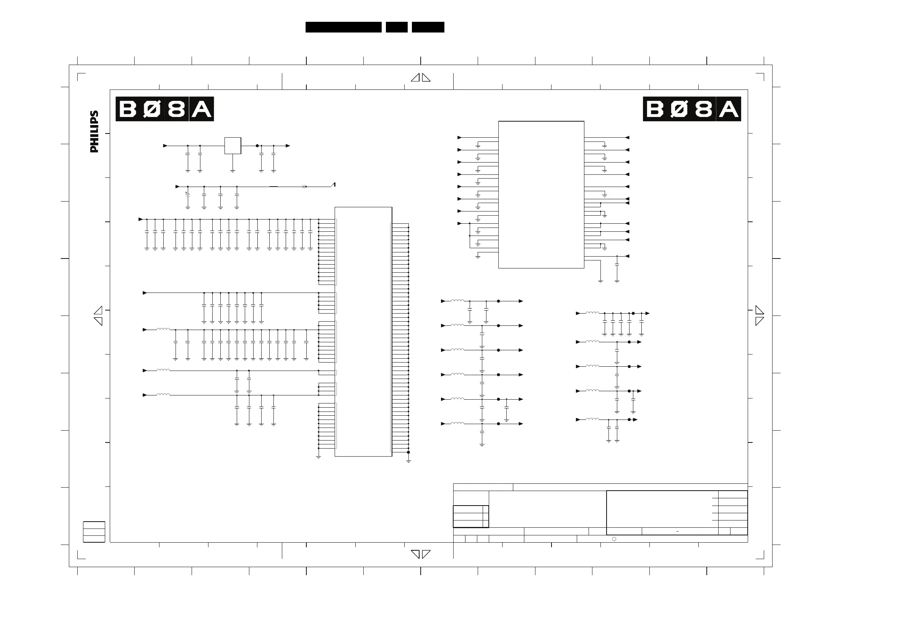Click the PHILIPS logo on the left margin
coord(94,131)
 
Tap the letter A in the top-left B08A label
coord(202,109)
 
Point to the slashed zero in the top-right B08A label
coord(679,109)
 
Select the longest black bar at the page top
coord(343,27)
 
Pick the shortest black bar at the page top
coord(396,27)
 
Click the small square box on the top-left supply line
coord(233,146)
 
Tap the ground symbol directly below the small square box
coord(233,171)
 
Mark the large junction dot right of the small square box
coord(257,146)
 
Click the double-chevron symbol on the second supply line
coord(304,187)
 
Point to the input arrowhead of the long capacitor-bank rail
coord(140,219)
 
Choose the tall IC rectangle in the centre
coord(363,331)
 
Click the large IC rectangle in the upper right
coord(541,194)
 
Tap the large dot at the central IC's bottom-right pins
coord(408,452)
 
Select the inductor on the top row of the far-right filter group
coord(592,313)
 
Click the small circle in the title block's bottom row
coord(614,539)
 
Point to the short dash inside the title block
coord(677,531)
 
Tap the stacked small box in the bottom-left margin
coord(94,532)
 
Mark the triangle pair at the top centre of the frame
coord(421,78)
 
